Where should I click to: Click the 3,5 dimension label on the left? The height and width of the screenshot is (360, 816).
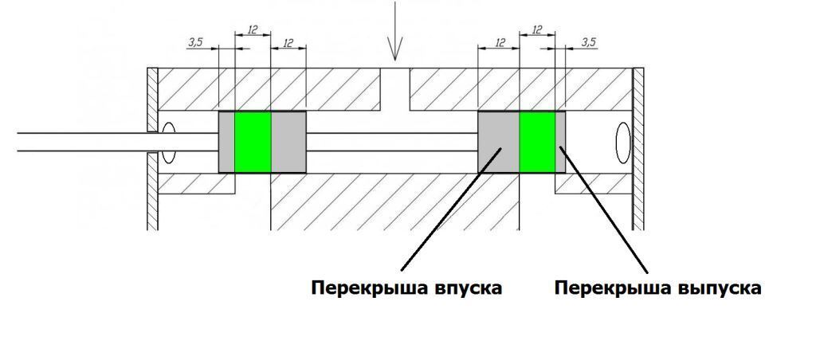(x=196, y=41)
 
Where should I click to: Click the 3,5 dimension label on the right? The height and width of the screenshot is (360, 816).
(x=588, y=41)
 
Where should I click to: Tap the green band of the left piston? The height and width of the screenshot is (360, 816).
(x=253, y=142)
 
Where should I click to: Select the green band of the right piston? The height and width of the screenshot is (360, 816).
(x=537, y=142)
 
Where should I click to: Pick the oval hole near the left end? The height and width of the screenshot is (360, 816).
(x=168, y=143)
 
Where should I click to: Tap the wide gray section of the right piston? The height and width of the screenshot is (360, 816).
(x=498, y=142)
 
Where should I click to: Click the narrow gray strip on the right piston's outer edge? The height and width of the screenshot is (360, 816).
(x=560, y=142)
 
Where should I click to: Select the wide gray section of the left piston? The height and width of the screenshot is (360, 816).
(x=288, y=142)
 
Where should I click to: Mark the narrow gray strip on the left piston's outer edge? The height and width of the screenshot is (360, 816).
(x=226, y=142)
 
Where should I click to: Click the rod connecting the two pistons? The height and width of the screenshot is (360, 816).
(x=390, y=142)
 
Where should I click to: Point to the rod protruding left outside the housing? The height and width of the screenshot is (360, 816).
(x=80, y=142)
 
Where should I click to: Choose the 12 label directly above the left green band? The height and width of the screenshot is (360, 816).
(x=253, y=30)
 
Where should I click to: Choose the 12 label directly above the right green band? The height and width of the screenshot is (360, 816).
(x=537, y=30)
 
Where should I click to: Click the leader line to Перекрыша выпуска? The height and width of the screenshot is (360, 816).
(x=606, y=207)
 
